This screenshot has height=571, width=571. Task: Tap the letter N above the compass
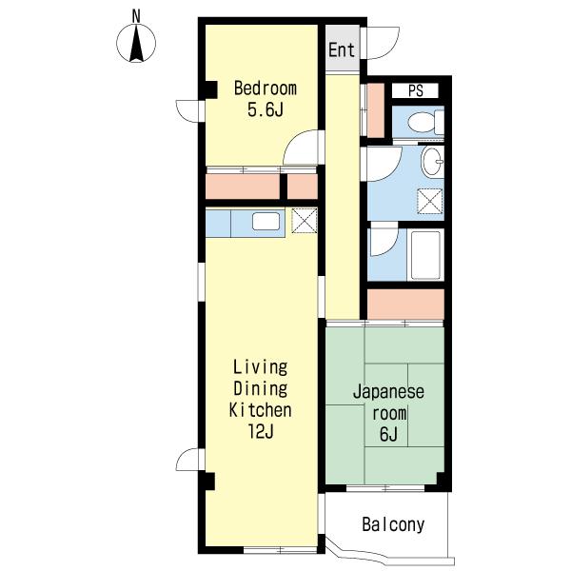(x=136, y=16)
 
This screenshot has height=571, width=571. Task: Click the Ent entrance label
(x=342, y=49)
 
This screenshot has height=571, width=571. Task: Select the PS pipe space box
(x=415, y=90)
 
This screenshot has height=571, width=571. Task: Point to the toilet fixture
(x=425, y=123)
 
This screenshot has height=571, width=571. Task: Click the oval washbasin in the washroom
(x=433, y=162)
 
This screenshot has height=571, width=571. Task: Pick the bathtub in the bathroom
(x=425, y=255)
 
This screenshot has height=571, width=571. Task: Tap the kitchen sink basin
(x=266, y=222)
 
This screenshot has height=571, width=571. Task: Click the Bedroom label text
(x=266, y=89)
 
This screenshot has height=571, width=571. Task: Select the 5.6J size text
(x=266, y=109)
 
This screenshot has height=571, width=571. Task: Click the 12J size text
(x=261, y=432)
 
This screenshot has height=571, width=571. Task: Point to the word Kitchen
(x=261, y=410)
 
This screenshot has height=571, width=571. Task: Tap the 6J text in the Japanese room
(x=388, y=435)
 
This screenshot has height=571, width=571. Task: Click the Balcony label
(x=393, y=524)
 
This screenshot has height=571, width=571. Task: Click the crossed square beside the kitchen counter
(x=305, y=221)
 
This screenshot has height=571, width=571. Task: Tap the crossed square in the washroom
(x=430, y=201)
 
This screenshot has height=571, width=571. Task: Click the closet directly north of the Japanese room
(x=405, y=305)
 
